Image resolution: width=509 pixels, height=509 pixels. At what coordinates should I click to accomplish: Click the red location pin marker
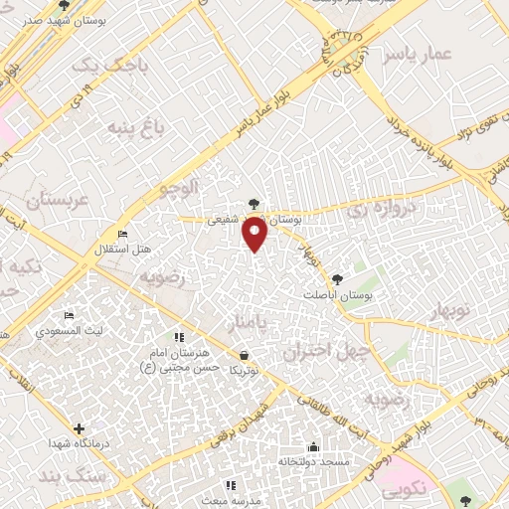coord(255,233)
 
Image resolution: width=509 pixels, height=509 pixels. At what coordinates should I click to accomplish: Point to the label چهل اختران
coord(325,351)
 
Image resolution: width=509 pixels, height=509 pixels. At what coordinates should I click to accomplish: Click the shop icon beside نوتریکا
coord(245,355)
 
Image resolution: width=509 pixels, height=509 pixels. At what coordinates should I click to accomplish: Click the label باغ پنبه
coord(132,127)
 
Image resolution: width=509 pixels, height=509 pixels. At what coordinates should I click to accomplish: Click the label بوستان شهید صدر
coord(35,18)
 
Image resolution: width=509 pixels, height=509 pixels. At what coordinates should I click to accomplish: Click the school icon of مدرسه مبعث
coord(231,485)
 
